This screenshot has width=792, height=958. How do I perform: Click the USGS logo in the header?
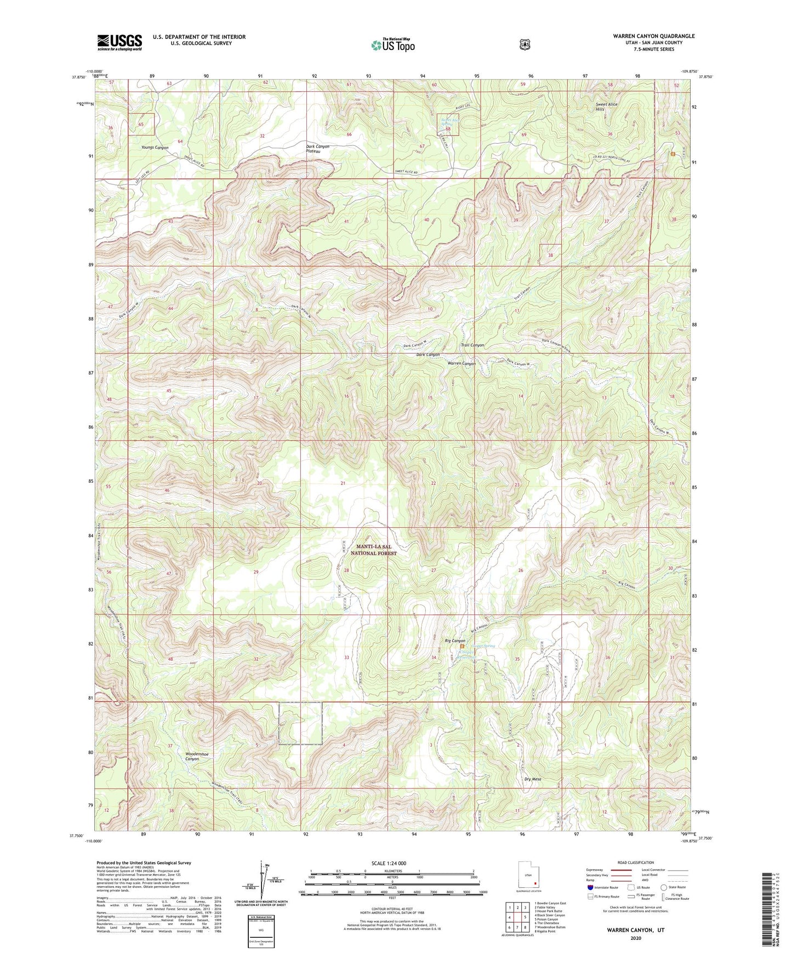point(119,42)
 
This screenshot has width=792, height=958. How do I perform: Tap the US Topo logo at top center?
point(392,44)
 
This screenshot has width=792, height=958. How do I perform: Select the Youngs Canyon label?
point(155,148)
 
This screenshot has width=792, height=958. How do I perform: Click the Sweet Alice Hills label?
point(607,106)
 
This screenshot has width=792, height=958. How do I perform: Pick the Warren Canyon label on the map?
point(461,363)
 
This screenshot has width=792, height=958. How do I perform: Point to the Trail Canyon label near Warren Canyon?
point(472,345)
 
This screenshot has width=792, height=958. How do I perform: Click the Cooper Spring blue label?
point(482,646)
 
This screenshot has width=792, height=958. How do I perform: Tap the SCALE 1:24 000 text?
point(389,863)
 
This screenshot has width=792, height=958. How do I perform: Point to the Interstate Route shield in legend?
point(590,887)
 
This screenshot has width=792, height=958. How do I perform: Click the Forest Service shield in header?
point(525,44)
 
